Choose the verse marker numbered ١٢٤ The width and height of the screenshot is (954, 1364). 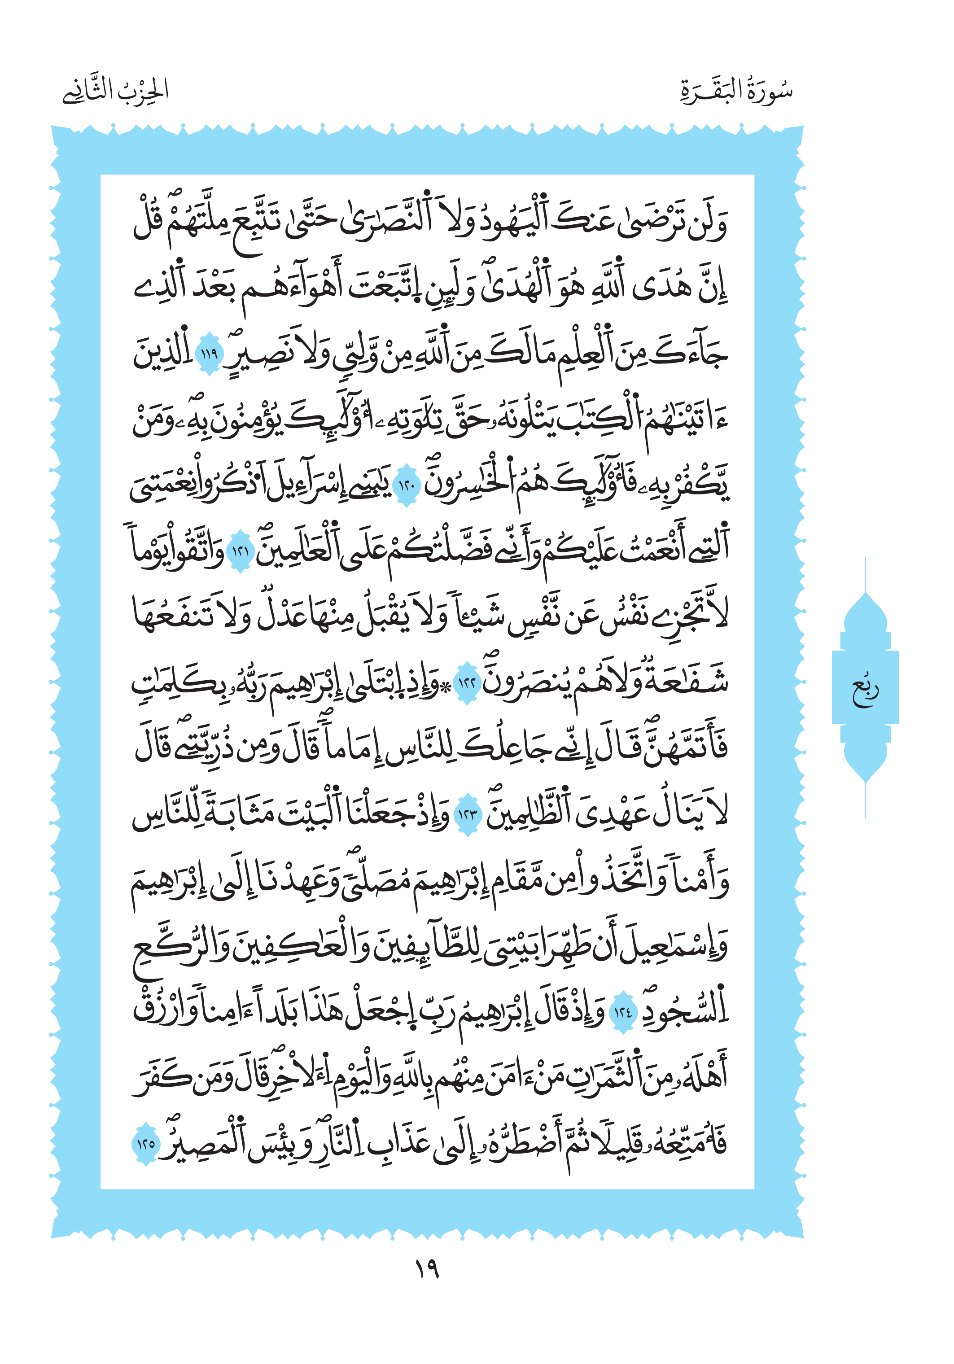click(622, 1012)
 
